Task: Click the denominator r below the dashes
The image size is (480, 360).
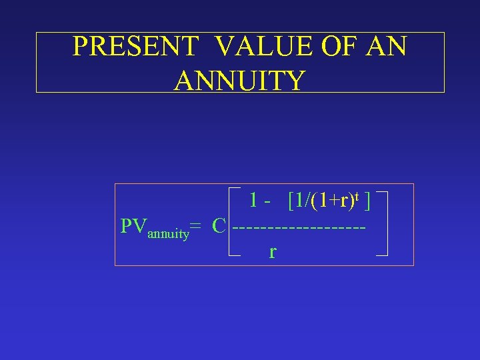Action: click(x=273, y=252)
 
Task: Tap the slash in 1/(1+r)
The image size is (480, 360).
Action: click(x=307, y=199)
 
